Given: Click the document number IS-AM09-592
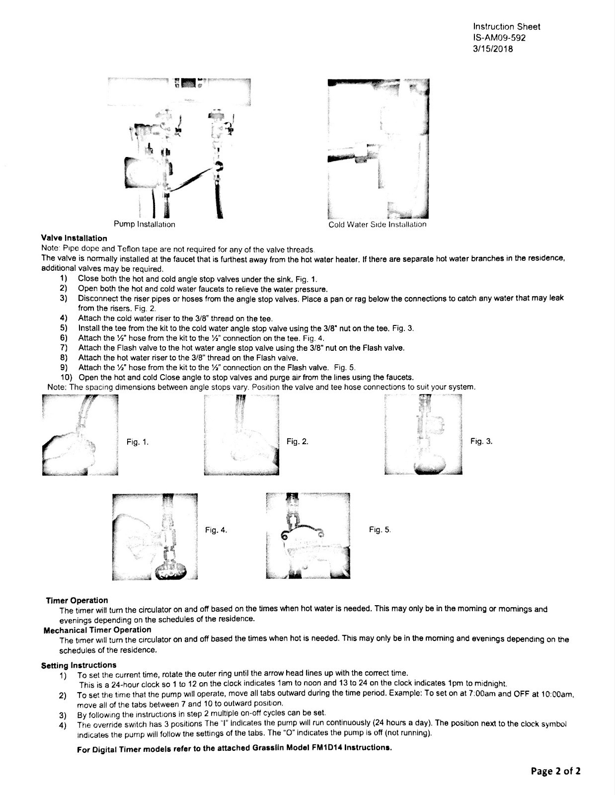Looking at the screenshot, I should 499,38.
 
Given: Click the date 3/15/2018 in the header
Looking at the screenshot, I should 493,49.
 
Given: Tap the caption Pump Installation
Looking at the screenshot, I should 145,224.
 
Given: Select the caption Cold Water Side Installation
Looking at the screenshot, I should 377,224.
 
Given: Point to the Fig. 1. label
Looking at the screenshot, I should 137,441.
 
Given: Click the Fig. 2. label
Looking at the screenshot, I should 298,441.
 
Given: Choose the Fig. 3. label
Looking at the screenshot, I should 481,441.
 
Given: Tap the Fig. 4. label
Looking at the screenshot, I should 216,530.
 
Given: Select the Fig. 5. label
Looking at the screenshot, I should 380,530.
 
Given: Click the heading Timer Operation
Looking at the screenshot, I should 77,600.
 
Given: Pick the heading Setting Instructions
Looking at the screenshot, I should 78,665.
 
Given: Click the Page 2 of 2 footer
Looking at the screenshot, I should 555,771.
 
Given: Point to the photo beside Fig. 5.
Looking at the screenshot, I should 308,536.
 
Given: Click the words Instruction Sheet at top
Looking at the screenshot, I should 507,27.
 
